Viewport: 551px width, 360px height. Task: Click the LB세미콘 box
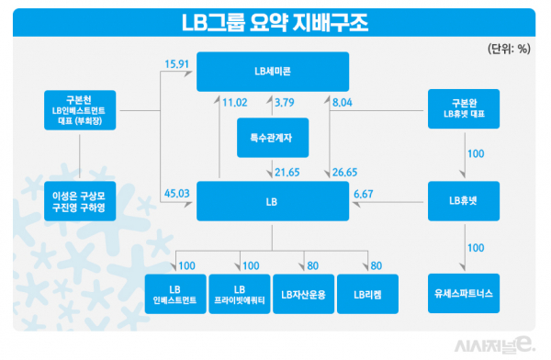pyautogui.click(x=273, y=71)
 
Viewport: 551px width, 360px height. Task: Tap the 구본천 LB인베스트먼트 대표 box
pyautogui.click(x=82, y=108)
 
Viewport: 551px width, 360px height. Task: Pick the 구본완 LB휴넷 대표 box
pyautogui.click(x=464, y=108)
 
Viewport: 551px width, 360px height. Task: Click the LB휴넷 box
pyautogui.click(x=464, y=200)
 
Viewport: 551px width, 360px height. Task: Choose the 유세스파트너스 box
pyautogui.click(x=464, y=294)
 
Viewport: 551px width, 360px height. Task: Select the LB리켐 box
pyautogui.click(x=366, y=294)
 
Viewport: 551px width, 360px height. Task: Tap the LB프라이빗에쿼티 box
pyautogui.click(x=239, y=294)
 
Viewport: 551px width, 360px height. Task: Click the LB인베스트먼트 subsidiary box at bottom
pyautogui.click(x=174, y=294)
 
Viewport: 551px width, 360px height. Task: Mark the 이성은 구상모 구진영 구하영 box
pyautogui.click(x=82, y=200)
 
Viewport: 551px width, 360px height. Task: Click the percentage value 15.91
pyautogui.click(x=177, y=64)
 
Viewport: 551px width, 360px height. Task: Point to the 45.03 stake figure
pyautogui.click(x=177, y=192)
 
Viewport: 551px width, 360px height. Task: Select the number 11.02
pyautogui.click(x=236, y=104)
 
